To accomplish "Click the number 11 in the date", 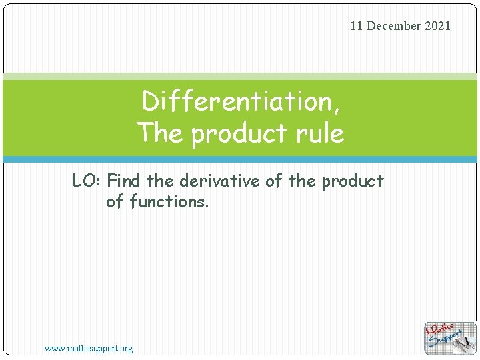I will tap(357, 26).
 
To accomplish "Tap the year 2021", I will tap(437, 26).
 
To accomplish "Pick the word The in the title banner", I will tap(160, 133).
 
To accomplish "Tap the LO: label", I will tap(87, 181).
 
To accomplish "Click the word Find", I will tap(125, 181).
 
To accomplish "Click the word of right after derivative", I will tap(273, 181).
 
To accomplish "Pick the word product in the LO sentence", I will tap(353, 181).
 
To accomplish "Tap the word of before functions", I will tap(115, 201).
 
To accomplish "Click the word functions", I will tap(169, 201).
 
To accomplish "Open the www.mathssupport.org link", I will tap(89, 348).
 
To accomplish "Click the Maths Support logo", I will tap(450, 338).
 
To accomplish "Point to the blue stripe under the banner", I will tap(240, 159).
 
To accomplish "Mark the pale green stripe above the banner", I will tap(240, 77).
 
